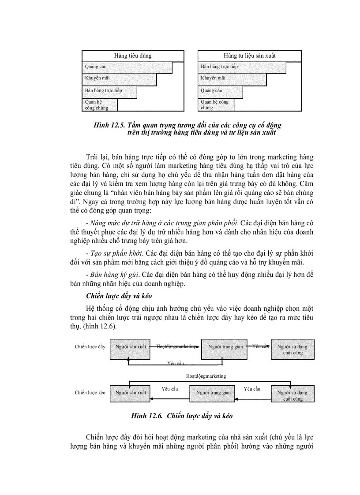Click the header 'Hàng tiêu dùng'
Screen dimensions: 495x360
click(133, 56)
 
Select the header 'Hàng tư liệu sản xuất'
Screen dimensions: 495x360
click(250, 56)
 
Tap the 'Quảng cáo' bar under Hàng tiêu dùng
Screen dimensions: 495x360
click(127, 67)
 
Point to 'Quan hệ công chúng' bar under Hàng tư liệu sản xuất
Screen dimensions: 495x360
click(216, 104)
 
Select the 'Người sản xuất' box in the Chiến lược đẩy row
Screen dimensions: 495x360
click(131, 347)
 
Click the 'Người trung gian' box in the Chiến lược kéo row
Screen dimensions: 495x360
click(214, 392)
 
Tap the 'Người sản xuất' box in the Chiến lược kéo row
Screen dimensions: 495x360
click(131, 392)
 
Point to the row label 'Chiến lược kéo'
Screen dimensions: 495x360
click(90, 392)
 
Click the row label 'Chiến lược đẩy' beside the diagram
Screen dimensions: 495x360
click(90, 347)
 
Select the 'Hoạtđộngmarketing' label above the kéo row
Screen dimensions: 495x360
click(206, 376)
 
